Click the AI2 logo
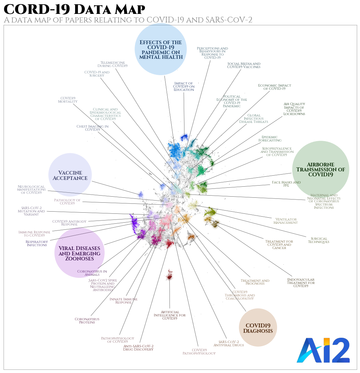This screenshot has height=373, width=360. click(323, 350)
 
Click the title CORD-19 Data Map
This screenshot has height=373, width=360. click(74, 9)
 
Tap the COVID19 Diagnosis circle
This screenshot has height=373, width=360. click(258, 328)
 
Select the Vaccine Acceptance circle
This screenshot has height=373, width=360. click(70, 175)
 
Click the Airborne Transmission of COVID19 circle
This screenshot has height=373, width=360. click(320, 170)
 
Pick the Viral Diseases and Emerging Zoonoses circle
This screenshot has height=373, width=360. click(79, 253)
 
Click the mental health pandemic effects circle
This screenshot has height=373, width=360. click(161, 50)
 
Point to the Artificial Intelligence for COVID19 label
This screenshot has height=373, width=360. click(169, 315)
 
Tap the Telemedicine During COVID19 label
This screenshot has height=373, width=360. click(113, 64)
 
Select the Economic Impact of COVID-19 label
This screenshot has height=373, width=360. click(275, 87)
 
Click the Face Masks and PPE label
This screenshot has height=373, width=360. click(286, 184)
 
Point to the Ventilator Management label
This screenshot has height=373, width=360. click(285, 221)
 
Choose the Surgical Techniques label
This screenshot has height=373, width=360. click(318, 240)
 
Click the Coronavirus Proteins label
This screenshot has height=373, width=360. click(87, 321)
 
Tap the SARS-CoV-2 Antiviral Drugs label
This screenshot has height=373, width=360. click(229, 343)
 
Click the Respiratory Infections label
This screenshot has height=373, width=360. click(36, 243)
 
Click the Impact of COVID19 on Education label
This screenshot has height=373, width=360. click(184, 87)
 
